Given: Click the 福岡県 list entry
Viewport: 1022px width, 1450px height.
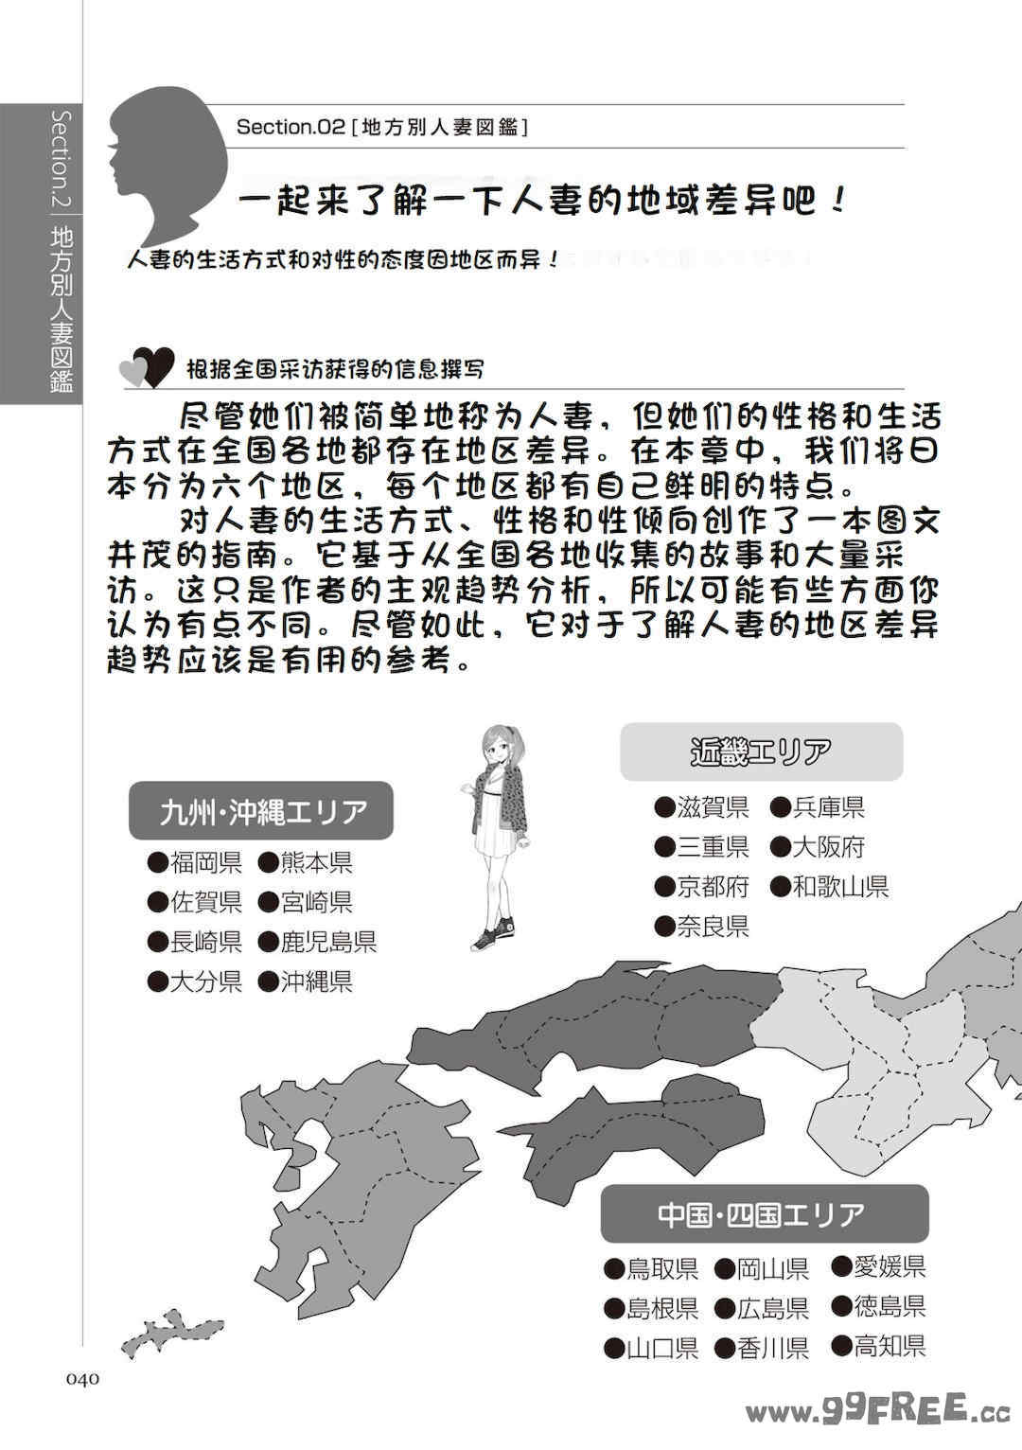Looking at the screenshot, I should coord(196,862).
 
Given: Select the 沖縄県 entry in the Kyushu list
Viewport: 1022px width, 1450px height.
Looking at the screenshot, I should coord(306,981).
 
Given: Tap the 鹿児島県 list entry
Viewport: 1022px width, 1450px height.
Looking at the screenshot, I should coord(318,942).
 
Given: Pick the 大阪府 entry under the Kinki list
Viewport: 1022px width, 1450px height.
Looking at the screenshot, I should coord(818,847).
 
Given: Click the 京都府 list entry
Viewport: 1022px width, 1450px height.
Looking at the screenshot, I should coord(702,887).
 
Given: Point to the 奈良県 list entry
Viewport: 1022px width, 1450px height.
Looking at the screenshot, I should coord(702,927).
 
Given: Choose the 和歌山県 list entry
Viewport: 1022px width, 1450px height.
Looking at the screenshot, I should coord(830,887).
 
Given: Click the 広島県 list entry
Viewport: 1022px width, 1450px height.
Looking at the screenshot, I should coord(763,1308).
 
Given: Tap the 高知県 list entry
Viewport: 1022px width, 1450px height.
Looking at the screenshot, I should coord(879,1346).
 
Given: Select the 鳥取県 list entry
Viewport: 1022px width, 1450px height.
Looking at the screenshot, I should coord(652,1268).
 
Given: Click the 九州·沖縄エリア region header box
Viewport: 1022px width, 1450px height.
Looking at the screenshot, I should coord(261,811).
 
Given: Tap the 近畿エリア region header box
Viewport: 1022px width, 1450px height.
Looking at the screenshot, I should coord(761,752).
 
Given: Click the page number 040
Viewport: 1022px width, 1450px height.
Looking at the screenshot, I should coord(82,1379).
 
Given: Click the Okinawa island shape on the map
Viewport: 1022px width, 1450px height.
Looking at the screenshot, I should coord(172,1332).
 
